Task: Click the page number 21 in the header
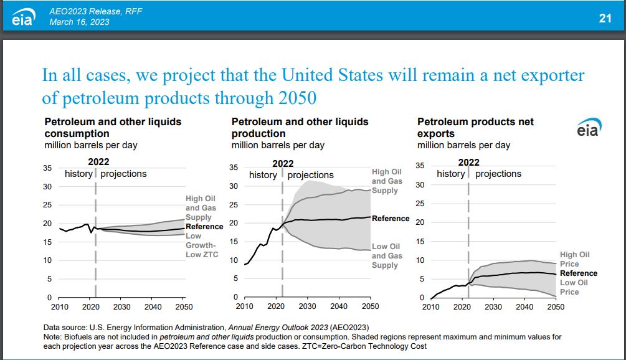coord(605,19)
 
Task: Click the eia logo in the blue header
coord(26,17)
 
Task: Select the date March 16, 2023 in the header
coord(79,22)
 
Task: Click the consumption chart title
coord(113,128)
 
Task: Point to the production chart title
coord(300,128)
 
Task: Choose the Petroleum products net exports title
coord(475,128)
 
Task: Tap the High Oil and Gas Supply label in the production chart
coord(387,181)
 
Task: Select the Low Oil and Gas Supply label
coord(387,256)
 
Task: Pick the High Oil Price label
coord(574,259)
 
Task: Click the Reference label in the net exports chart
coord(579,273)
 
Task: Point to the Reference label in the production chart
coord(391,219)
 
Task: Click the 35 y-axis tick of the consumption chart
coord(47,168)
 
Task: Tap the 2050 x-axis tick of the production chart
coord(370,306)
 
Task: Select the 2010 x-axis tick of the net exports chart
coord(431,306)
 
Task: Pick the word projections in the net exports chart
coord(498,174)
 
